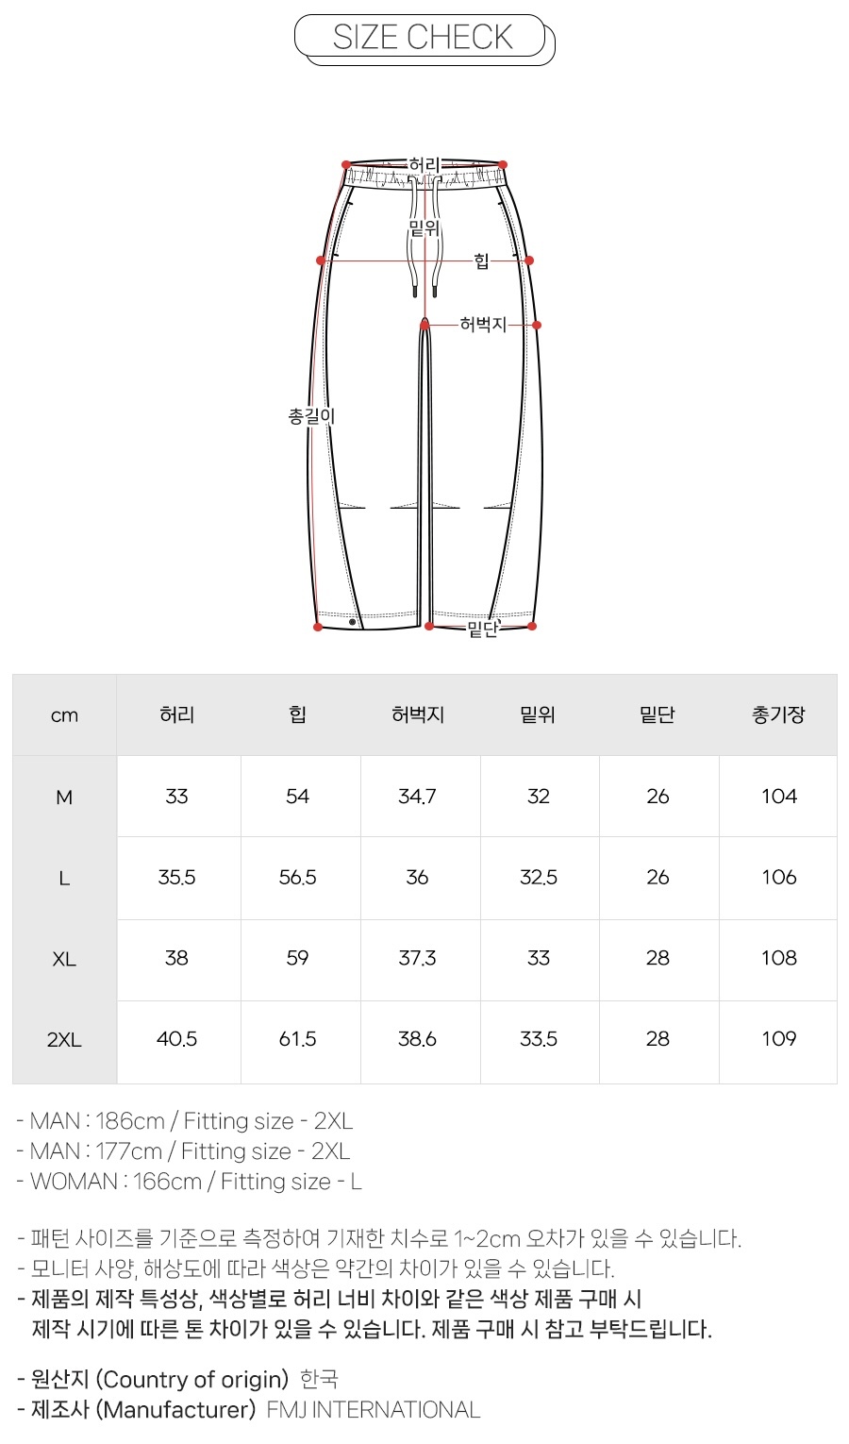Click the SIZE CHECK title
pyautogui.click(x=423, y=38)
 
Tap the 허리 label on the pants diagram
pyautogui.click(x=424, y=166)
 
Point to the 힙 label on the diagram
pyautogui.click(x=481, y=261)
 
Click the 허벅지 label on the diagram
pyautogui.click(x=483, y=325)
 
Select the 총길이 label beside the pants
pyautogui.click(x=312, y=416)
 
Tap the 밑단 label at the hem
pyautogui.click(x=482, y=628)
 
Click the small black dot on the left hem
pyautogui.click(x=353, y=622)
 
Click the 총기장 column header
pyautogui.click(x=778, y=714)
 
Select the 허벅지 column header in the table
pyautogui.click(x=417, y=714)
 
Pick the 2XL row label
pyautogui.click(x=64, y=1040)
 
